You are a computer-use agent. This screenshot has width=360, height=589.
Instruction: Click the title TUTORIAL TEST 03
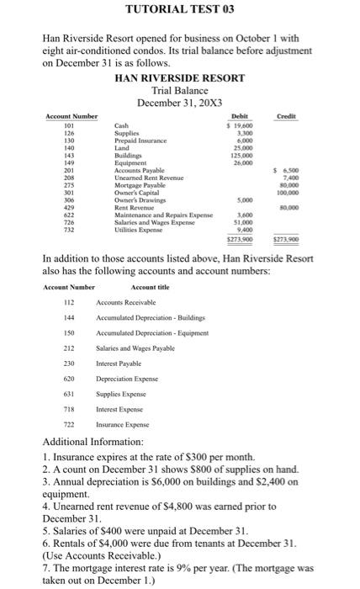pyautogui.click(x=178, y=11)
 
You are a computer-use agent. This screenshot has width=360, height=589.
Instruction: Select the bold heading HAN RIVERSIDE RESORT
pyautogui.click(x=178, y=77)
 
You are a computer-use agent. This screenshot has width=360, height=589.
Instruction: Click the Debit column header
pyautogui.click(x=241, y=115)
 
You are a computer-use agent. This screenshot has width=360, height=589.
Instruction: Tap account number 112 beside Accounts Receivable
pyautogui.click(x=61, y=307)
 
